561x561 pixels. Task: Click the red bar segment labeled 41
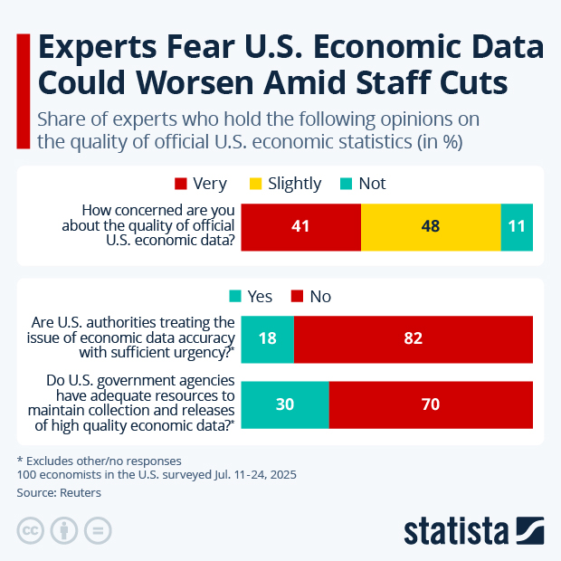[301, 227]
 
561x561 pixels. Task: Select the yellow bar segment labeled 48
[431, 227]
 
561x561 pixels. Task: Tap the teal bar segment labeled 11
[517, 227]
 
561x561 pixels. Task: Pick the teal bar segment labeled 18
[269, 339]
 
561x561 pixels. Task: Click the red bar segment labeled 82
[414, 339]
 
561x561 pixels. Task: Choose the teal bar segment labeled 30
[285, 404]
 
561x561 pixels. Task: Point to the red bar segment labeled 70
[431, 404]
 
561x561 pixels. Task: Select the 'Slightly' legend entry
[285, 184]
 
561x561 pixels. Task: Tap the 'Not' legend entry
[363, 184]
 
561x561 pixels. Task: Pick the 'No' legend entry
[310, 296]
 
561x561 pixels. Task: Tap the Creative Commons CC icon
[31, 530]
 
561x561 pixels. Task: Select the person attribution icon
[64, 530]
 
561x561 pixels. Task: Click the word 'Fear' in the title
[221, 48]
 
